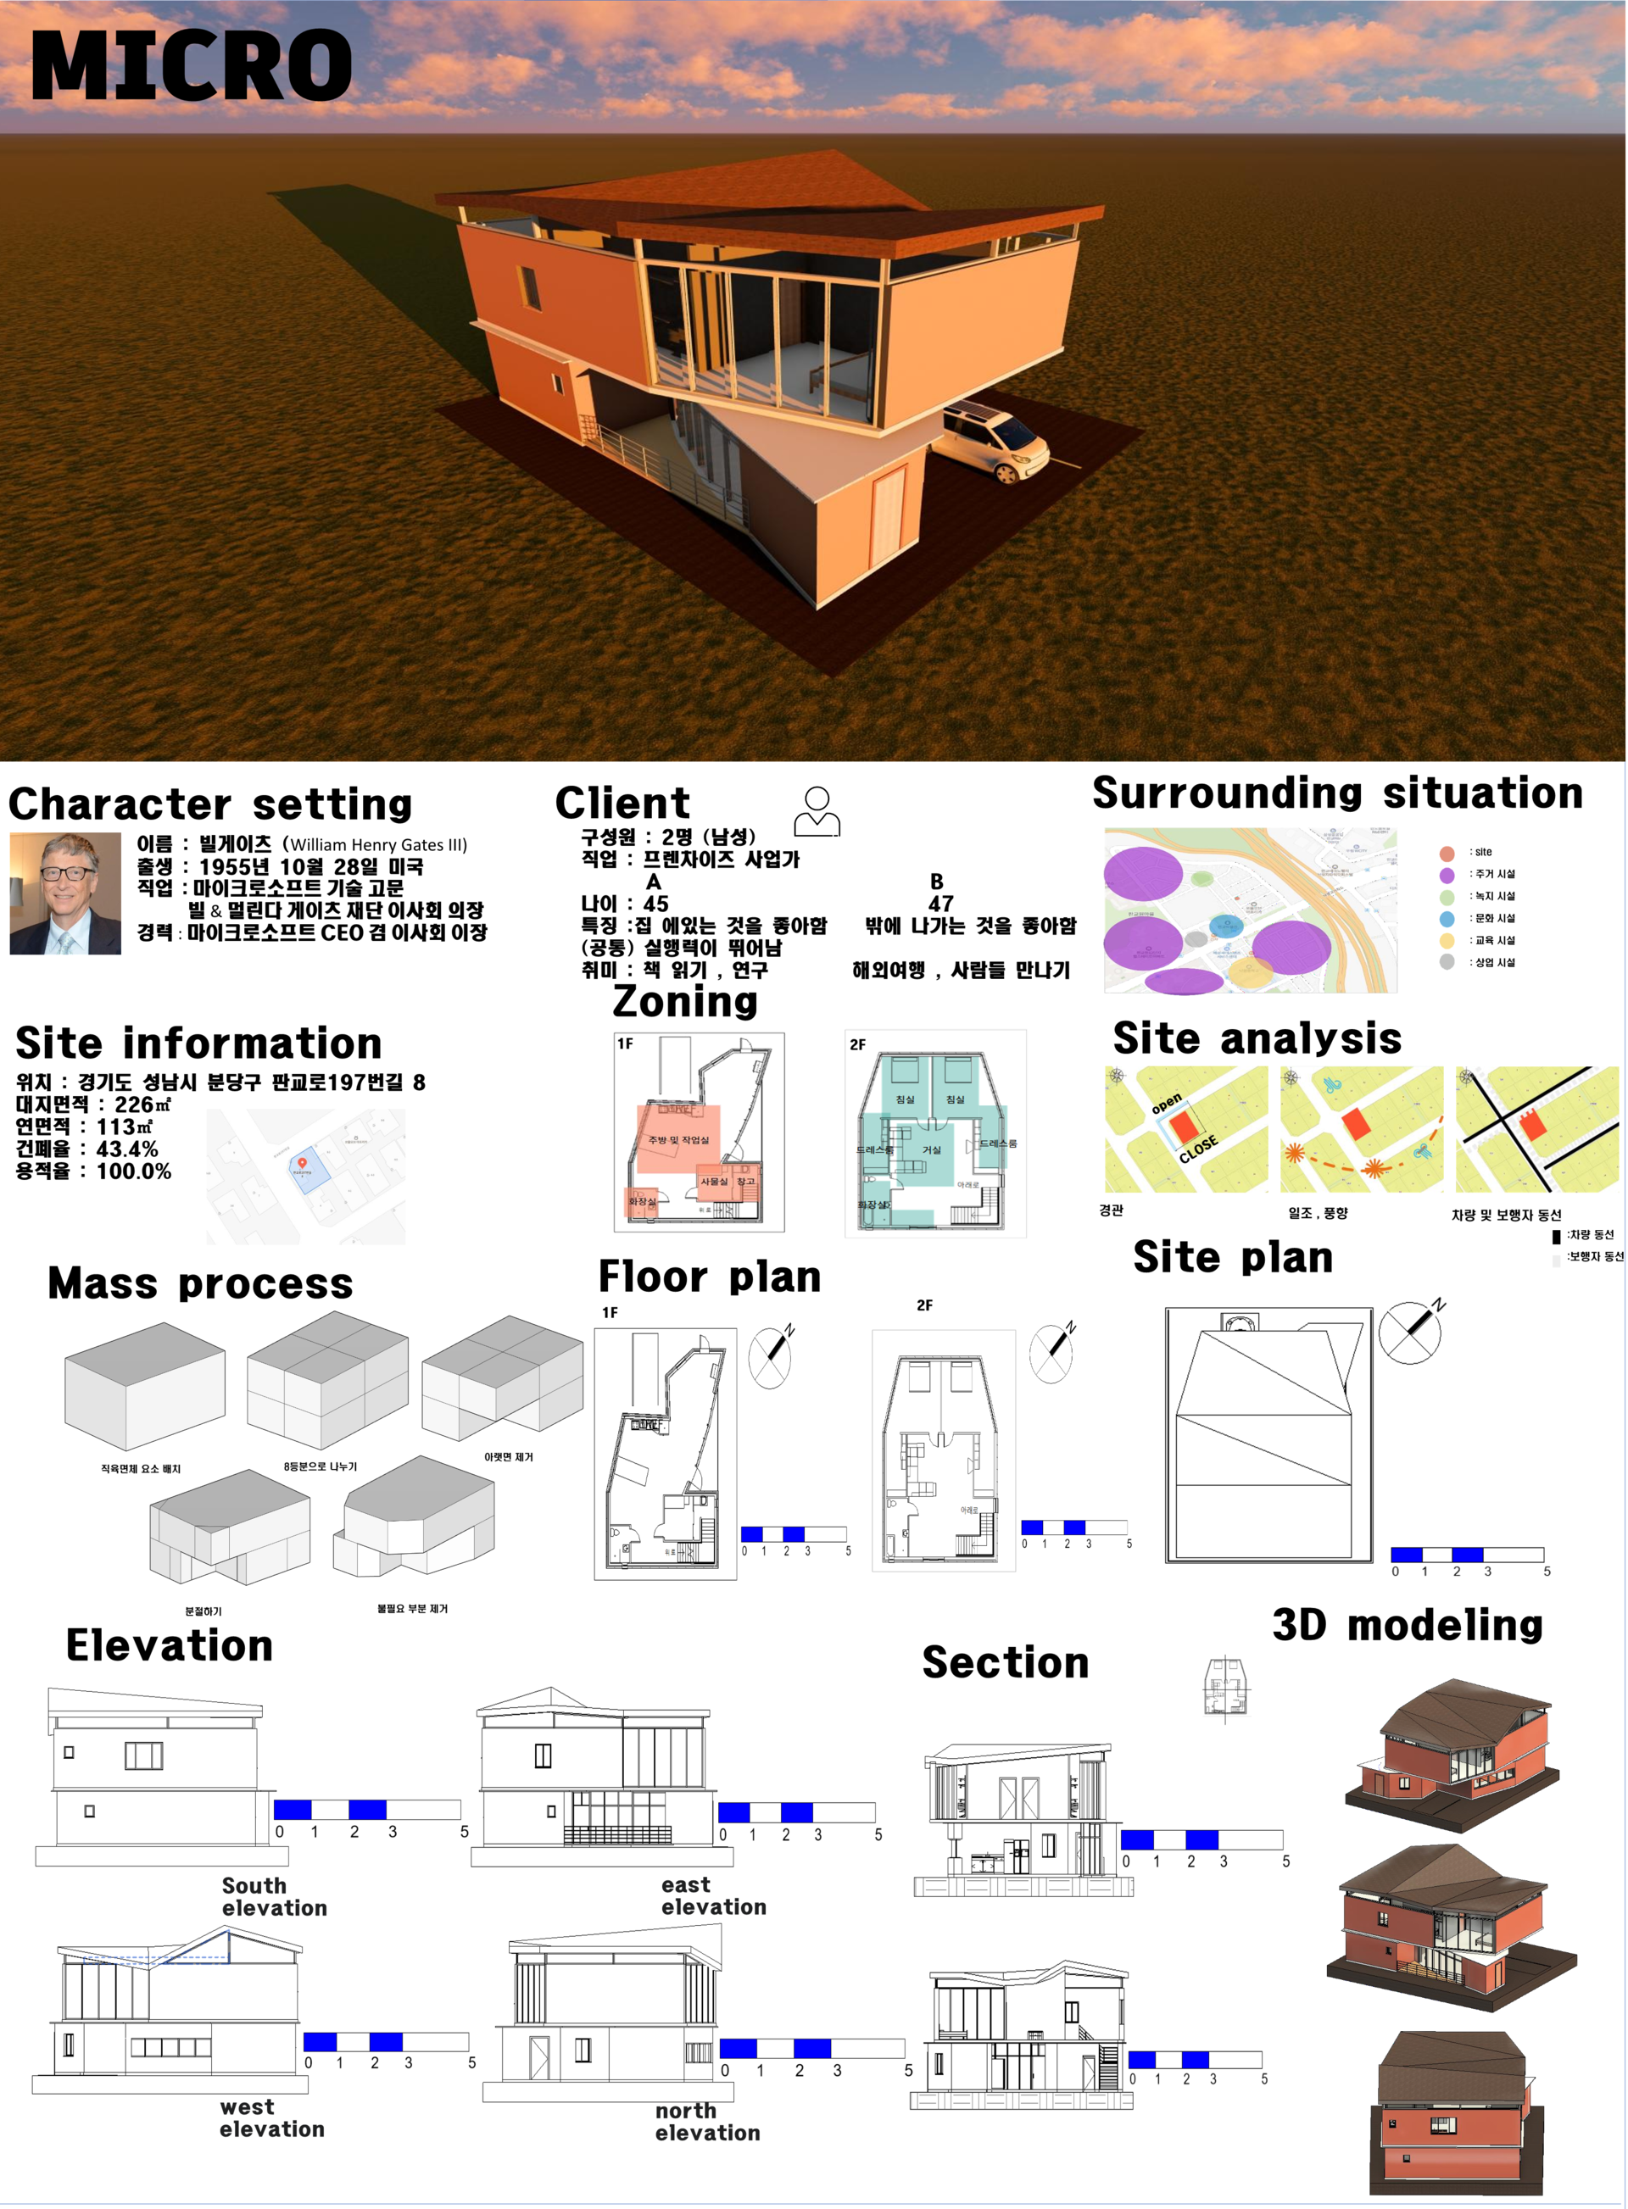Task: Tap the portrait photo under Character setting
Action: pyautogui.click(x=65, y=893)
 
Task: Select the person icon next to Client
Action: pyautogui.click(x=817, y=812)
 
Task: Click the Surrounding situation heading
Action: pyautogui.click(x=1336, y=793)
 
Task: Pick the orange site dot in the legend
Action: pyautogui.click(x=1447, y=854)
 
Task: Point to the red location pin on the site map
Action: pyautogui.click(x=303, y=1164)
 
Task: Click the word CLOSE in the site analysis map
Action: pyautogui.click(x=1198, y=1149)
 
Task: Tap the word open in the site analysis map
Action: pyautogui.click(x=1167, y=1103)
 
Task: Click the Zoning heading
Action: pyautogui.click(x=685, y=1002)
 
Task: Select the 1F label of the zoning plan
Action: pyautogui.click(x=625, y=1043)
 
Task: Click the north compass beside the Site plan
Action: pyautogui.click(x=1410, y=1331)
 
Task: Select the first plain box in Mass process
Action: pyautogui.click(x=144, y=1385)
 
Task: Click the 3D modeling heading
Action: pyautogui.click(x=1408, y=1626)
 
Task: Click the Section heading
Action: pyautogui.click(x=1005, y=1663)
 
